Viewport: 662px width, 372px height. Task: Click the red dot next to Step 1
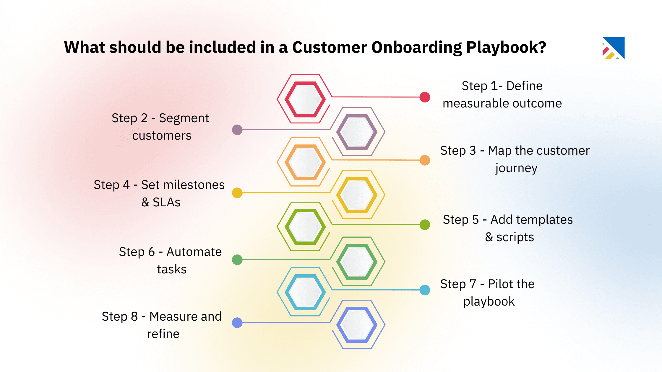[425, 97]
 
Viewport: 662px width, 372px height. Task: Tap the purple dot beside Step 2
[237, 130]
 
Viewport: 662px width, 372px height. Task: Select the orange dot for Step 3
[425, 160]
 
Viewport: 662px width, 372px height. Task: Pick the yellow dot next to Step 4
[237, 193]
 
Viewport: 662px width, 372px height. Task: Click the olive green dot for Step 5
[425, 225]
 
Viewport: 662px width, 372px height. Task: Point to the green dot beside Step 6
[237, 260]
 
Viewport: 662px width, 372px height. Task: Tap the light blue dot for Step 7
[425, 290]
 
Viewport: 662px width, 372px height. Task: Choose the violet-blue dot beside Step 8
[237, 323]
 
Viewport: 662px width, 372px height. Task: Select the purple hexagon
[357, 132]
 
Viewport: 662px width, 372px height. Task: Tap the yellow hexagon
[357, 195]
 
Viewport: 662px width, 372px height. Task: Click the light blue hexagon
[305, 292]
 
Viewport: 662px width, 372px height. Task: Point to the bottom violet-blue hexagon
[357, 325]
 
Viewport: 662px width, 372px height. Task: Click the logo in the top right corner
[614, 48]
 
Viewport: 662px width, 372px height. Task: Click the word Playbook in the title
[506, 48]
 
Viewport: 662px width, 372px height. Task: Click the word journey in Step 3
[516, 168]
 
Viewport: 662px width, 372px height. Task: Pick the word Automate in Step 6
[194, 252]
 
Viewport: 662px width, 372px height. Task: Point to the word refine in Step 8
[163, 334]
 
